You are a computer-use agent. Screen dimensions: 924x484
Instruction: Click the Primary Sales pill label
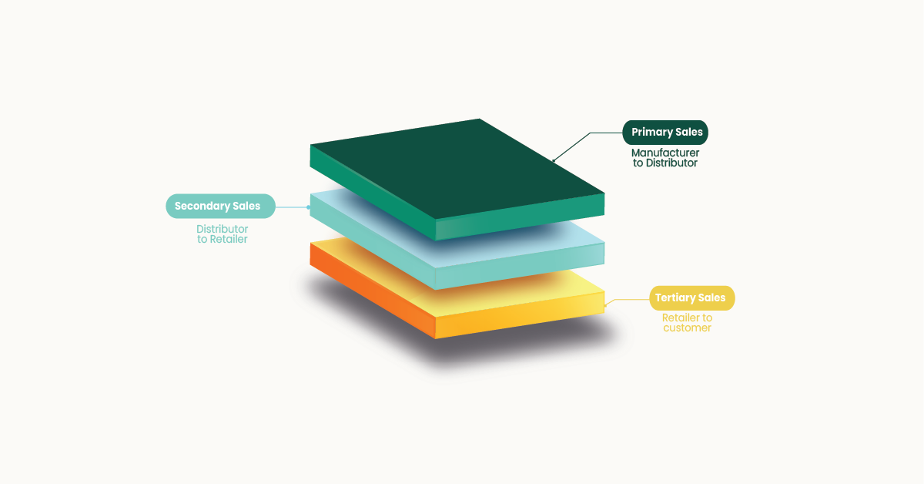click(x=665, y=133)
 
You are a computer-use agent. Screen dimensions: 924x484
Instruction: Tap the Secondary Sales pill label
click(x=220, y=206)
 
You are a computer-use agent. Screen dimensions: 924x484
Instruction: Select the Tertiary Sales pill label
click(x=691, y=298)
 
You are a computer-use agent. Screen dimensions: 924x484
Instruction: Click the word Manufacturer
click(x=665, y=153)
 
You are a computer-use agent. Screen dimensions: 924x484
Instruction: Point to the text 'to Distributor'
click(x=665, y=163)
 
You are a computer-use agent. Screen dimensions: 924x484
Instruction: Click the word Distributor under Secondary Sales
click(x=222, y=229)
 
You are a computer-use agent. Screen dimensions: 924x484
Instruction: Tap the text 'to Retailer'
click(x=222, y=239)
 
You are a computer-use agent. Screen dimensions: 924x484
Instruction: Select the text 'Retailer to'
click(x=687, y=318)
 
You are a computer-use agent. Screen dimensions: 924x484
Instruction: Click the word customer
click(x=687, y=328)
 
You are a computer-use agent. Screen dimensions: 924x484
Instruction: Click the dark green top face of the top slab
click(x=458, y=167)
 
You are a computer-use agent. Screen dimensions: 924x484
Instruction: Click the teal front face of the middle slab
click(x=520, y=266)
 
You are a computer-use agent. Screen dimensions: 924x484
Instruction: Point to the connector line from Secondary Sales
click(x=292, y=207)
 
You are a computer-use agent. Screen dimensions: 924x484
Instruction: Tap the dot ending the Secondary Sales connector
click(x=309, y=207)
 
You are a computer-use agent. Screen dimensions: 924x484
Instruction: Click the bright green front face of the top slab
click(x=520, y=217)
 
